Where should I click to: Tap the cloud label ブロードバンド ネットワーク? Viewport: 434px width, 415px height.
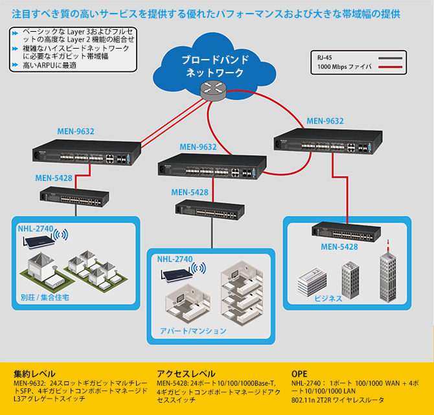point(215,66)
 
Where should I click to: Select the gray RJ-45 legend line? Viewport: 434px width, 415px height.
point(390,58)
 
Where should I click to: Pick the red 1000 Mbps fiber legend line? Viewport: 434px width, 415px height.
point(390,67)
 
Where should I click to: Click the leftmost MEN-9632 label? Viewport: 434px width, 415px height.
point(76,132)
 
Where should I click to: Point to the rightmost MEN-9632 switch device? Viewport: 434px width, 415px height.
point(328,141)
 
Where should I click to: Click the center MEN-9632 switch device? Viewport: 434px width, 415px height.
point(212,166)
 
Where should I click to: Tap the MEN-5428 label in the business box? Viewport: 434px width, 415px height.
point(339,247)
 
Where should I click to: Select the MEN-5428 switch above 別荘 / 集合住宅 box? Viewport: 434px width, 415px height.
point(74,196)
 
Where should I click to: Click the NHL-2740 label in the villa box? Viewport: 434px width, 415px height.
point(36,228)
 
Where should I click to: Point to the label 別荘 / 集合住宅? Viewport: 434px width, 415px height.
point(45,298)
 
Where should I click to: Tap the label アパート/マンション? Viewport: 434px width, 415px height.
point(193,331)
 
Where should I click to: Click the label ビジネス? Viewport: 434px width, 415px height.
point(328,298)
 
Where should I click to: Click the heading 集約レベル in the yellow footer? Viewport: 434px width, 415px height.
point(34,374)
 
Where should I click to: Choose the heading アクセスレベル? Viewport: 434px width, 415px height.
point(186,374)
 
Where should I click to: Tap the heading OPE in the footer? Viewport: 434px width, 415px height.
point(299,374)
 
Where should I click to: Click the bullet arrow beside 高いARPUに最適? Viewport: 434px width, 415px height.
point(15,65)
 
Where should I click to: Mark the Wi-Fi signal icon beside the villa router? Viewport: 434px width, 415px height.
point(61,235)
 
